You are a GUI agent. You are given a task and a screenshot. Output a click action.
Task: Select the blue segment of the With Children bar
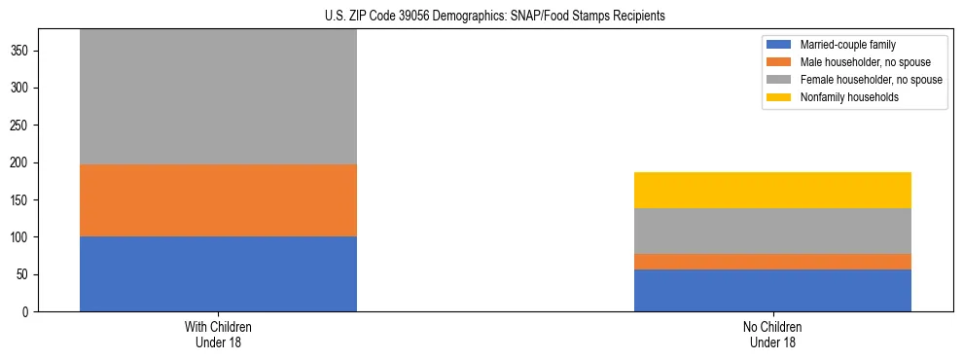(x=218, y=273)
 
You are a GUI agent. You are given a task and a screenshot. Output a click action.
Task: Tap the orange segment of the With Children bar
(x=218, y=200)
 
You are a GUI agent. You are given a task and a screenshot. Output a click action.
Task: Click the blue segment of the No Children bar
(x=772, y=290)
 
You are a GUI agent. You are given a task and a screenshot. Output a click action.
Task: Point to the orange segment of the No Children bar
(x=772, y=262)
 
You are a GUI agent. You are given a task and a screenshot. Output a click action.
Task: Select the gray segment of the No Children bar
(x=772, y=231)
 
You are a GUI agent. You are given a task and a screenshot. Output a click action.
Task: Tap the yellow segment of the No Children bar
(x=772, y=190)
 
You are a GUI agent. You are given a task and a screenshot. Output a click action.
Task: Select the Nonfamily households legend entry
(x=842, y=97)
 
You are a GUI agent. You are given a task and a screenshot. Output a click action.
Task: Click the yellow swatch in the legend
(x=780, y=97)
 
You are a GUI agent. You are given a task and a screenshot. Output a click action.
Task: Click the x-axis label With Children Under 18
(x=218, y=335)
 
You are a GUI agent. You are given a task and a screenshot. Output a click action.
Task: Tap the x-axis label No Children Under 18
(x=772, y=335)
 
